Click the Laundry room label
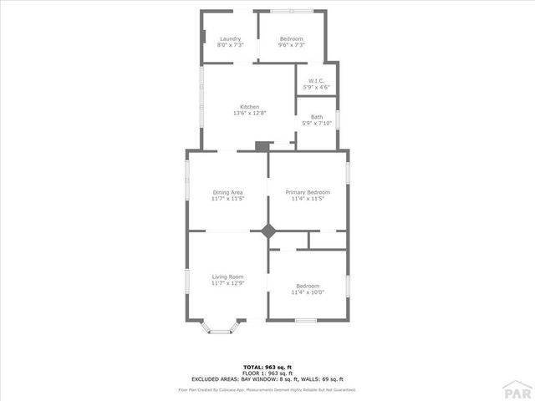click(230, 39)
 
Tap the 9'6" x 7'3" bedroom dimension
click(292, 46)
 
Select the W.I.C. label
click(315, 81)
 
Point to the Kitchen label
click(249, 107)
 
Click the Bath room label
click(317, 117)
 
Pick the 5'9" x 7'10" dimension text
click(317, 124)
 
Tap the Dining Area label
click(227, 192)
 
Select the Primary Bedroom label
click(308, 192)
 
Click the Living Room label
click(227, 277)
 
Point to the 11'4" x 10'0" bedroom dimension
click(308, 292)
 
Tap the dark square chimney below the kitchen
click(262, 146)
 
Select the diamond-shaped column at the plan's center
click(268, 231)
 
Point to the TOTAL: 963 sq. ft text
click(267, 367)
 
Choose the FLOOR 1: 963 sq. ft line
click(267, 373)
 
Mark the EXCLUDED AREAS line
click(267, 378)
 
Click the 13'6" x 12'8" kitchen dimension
click(249, 114)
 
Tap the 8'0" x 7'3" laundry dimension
click(230, 46)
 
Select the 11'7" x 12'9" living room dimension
click(227, 283)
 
